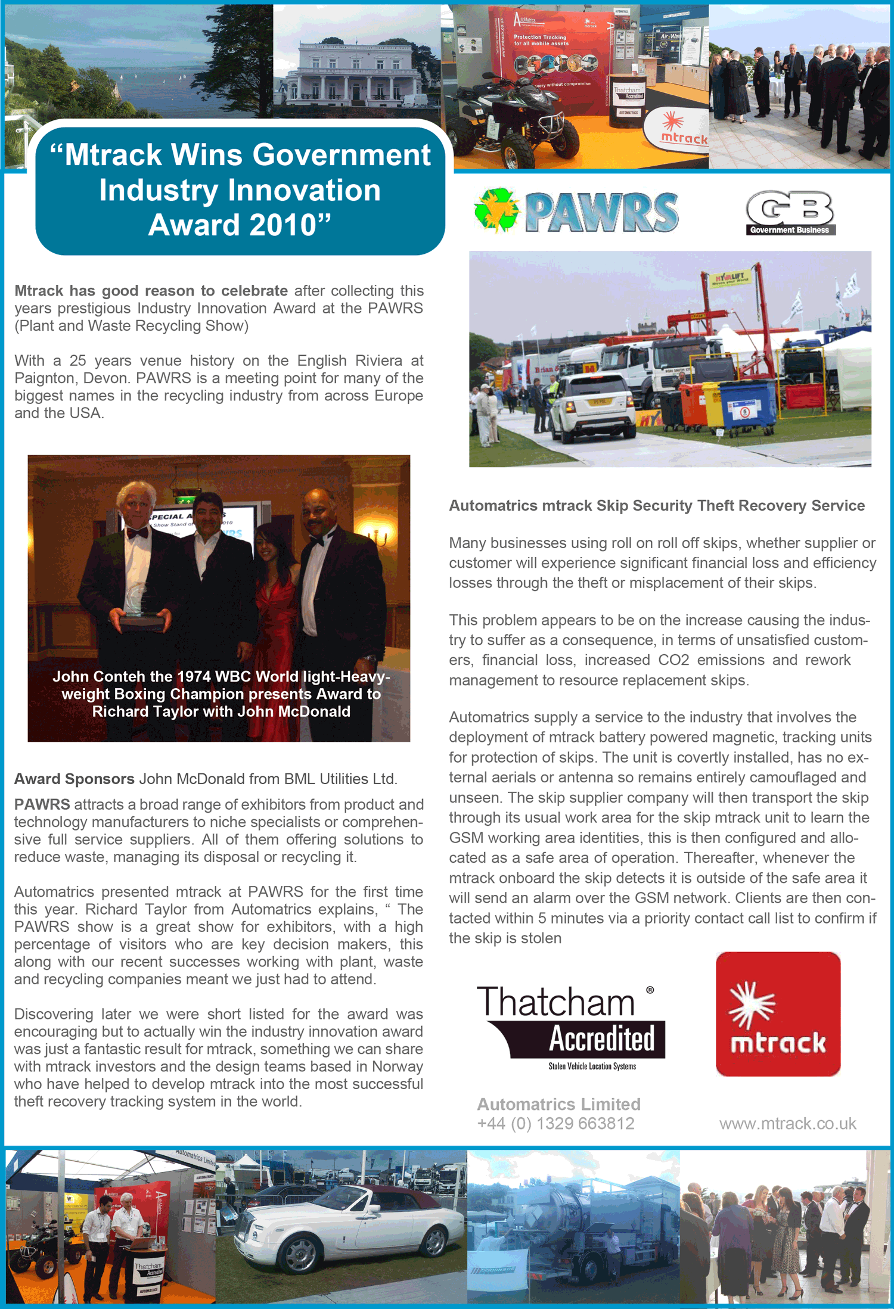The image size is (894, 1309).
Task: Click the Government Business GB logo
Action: (x=790, y=212)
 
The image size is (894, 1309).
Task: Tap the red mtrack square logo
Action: (x=778, y=1013)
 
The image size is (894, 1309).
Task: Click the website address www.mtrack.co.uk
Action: (x=787, y=1124)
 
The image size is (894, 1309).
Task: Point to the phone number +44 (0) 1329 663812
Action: (x=555, y=1124)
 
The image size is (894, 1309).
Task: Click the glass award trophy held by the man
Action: (x=139, y=602)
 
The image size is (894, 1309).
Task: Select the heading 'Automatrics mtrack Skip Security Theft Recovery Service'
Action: (x=656, y=505)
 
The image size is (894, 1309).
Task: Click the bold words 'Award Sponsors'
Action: (x=74, y=779)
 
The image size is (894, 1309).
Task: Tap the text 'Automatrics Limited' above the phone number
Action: (x=558, y=1104)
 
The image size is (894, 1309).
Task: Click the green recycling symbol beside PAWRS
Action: (x=496, y=210)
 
